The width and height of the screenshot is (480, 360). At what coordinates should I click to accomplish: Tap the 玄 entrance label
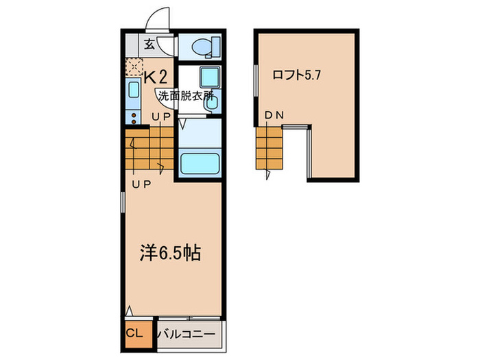(x=149, y=45)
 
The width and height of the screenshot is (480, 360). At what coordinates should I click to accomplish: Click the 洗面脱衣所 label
(x=183, y=95)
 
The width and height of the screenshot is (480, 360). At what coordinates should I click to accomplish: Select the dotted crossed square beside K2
(x=134, y=67)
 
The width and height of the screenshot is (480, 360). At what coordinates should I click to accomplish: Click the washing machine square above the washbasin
(x=210, y=76)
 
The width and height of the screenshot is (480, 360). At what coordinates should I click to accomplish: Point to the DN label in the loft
(x=274, y=116)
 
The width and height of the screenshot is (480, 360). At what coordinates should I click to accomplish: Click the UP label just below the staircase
(x=142, y=184)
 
